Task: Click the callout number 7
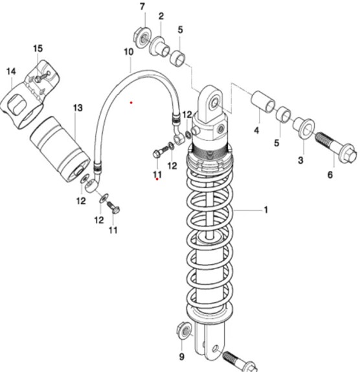142,6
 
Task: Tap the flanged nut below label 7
142,38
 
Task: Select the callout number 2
161,16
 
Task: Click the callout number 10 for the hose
129,52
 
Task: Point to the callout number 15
38,49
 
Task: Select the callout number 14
11,71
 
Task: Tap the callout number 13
78,108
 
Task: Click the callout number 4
256,130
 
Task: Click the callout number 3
300,160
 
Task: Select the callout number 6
330,175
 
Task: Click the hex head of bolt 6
348,155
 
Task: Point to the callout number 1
265,210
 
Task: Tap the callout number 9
182,356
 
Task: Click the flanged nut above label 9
185,331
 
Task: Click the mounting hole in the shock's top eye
215,104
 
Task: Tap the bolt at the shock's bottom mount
240,361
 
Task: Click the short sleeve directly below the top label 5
177,58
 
